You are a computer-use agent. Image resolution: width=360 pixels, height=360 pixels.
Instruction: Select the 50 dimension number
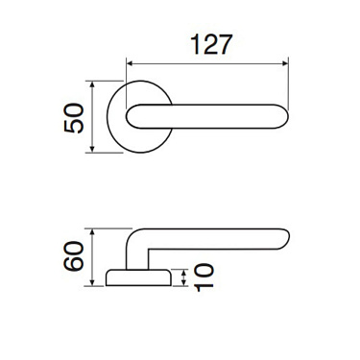tap(73, 117)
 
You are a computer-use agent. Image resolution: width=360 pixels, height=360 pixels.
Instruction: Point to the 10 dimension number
tap(203, 278)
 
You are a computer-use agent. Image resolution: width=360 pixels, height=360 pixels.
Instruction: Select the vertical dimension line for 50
tap(93, 116)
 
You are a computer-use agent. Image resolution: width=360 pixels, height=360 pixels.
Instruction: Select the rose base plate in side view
tap(138, 278)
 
